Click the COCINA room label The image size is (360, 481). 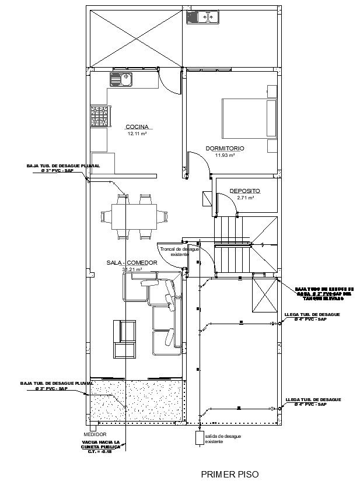[x=137, y=127]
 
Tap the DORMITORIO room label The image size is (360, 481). [x=225, y=149]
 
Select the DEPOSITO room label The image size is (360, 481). [x=244, y=191]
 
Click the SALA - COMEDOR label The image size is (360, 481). [x=132, y=263]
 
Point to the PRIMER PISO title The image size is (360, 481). [x=229, y=475]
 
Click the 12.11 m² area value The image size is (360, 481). [x=137, y=134]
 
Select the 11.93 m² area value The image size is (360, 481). [x=225, y=156]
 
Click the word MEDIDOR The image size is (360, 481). [x=95, y=434]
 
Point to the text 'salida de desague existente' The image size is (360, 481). [x=222, y=439]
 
